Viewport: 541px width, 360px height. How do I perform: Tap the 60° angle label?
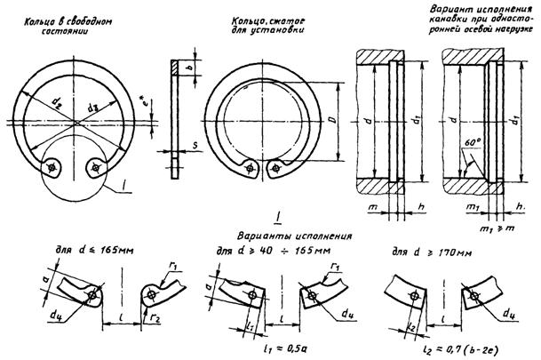click(471, 141)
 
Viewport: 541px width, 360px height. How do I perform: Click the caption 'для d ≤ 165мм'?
click(82, 252)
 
